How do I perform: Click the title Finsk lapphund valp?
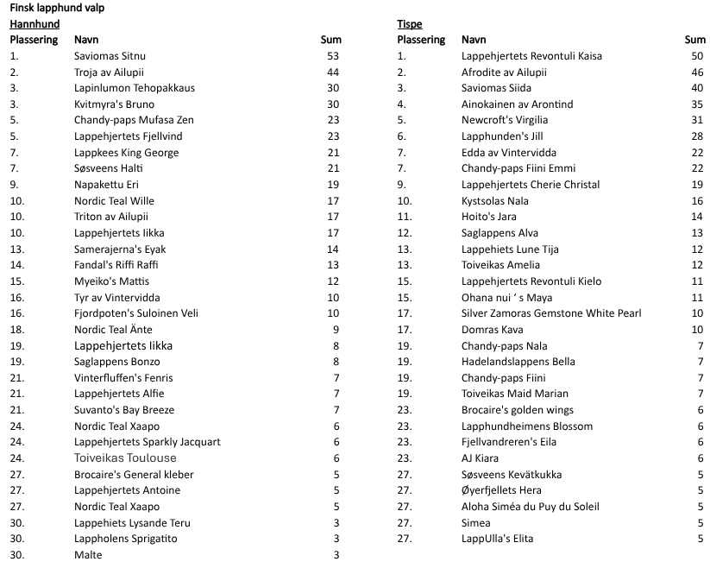pyautogui.click(x=58, y=8)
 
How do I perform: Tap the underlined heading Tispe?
pyautogui.click(x=410, y=24)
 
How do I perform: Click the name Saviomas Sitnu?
pyautogui.click(x=110, y=56)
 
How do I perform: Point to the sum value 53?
pyautogui.click(x=333, y=56)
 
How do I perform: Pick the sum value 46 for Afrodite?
pyautogui.click(x=698, y=73)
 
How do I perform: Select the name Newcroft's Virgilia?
pyautogui.click(x=505, y=121)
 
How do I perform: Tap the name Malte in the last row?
pyautogui.click(x=89, y=555)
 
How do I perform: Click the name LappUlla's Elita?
pyautogui.click(x=498, y=540)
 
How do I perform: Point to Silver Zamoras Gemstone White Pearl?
pyautogui.click(x=551, y=313)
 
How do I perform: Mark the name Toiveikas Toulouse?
pyautogui.click(x=125, y=458)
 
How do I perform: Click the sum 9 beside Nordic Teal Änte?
pyautogui.click(x=336, y=330)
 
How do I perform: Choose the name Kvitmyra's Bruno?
pyautogui.click(x=115, y=104)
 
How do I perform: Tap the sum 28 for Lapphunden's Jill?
pyautogui.click(x=698, y=136)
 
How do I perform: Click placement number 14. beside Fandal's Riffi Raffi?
pyautogui.click(x=16, y=265)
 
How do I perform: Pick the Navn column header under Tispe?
pyautogui.click(x=474, y=40)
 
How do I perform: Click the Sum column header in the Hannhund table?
pyautogui.click(x=330, y=40)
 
